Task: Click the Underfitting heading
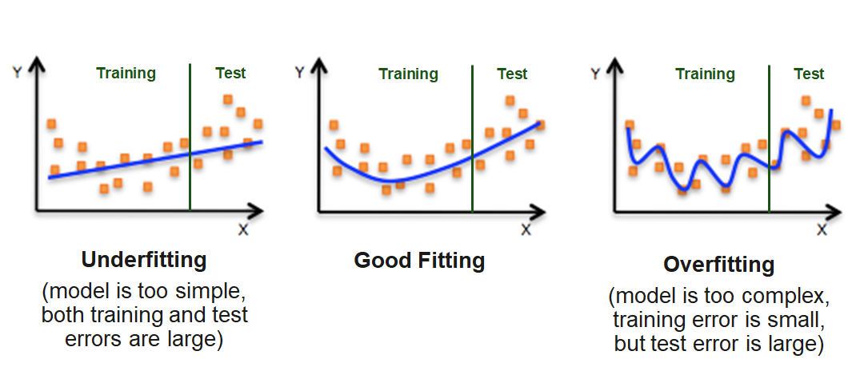pos(144,260)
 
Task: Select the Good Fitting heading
pos(419,261)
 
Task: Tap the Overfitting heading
pos(718,265)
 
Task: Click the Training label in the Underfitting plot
pos(126,74)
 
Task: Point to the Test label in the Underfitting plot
pos(230,74)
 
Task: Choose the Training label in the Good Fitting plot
pos(408,74)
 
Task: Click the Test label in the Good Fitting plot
pos(512,74)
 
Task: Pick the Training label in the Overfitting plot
pos(705,74)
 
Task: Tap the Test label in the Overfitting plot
pos(809,74)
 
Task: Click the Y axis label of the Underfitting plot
pos(16,73)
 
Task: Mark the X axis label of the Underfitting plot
pos(243,229)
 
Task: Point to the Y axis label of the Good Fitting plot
pos(299,73)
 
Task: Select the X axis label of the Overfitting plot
pos(822,229)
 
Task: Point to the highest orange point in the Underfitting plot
pos(227,99)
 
